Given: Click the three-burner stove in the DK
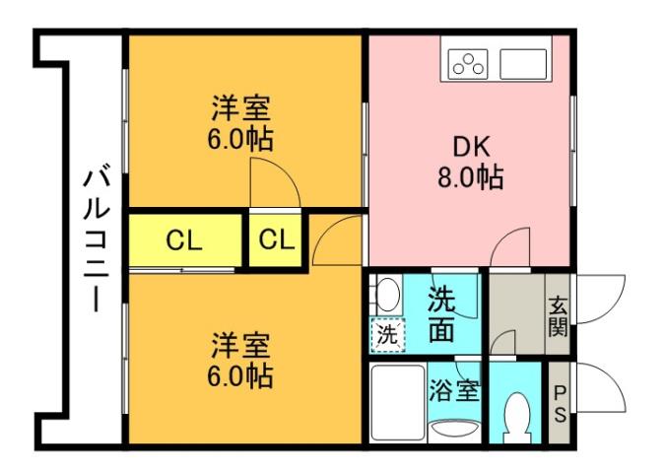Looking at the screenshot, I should (x=467, y=65).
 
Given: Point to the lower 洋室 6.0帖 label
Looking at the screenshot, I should (x=240, y=360).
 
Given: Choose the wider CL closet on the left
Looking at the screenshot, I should (x=184, y=239).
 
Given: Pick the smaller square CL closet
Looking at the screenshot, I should (x=275, y=239).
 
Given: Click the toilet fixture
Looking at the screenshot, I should (x=516, y=420).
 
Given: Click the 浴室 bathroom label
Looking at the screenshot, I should (x=454, y=389).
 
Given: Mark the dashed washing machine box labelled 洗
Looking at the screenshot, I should (x=388, y=334).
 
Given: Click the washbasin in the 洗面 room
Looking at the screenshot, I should (x=386, y=295).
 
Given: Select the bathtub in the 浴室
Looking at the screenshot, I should (x=397, y=404).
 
